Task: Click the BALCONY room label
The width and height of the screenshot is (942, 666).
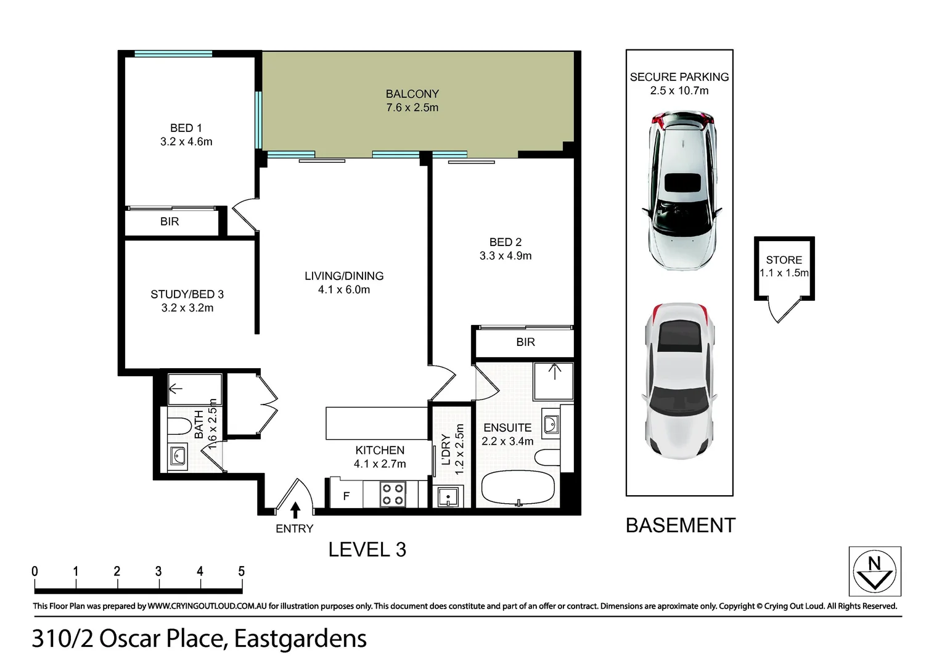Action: pos(412,94)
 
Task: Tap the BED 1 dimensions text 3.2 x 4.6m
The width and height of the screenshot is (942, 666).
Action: pos(186,142)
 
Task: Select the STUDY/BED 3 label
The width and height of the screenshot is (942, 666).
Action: pos(187,294)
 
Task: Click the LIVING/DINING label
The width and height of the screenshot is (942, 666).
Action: pos(344,276)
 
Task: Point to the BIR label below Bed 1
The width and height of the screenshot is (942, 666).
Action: pos(170,221)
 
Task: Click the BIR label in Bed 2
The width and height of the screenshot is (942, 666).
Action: pos(525,342)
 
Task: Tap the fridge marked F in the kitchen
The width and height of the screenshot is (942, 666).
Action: pos(346,495)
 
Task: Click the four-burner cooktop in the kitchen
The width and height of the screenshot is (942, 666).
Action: pos(392,494)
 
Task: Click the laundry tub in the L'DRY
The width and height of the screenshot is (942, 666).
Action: pos(446,496)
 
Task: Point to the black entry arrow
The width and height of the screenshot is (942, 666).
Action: pos(295,509)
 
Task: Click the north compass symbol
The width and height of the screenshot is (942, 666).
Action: pos(874,572)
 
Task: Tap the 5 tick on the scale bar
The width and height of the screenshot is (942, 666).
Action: pos(241,572)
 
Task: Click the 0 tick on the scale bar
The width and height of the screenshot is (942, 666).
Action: pos(35,572)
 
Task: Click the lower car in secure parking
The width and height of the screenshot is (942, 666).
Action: pos(679,381)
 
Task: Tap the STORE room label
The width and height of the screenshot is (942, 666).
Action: pos(784,260)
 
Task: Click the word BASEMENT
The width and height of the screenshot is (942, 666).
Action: pos(680,525)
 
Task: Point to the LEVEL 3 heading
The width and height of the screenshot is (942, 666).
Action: pos(367,549)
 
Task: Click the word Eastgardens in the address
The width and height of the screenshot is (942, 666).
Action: pos(300,639)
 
